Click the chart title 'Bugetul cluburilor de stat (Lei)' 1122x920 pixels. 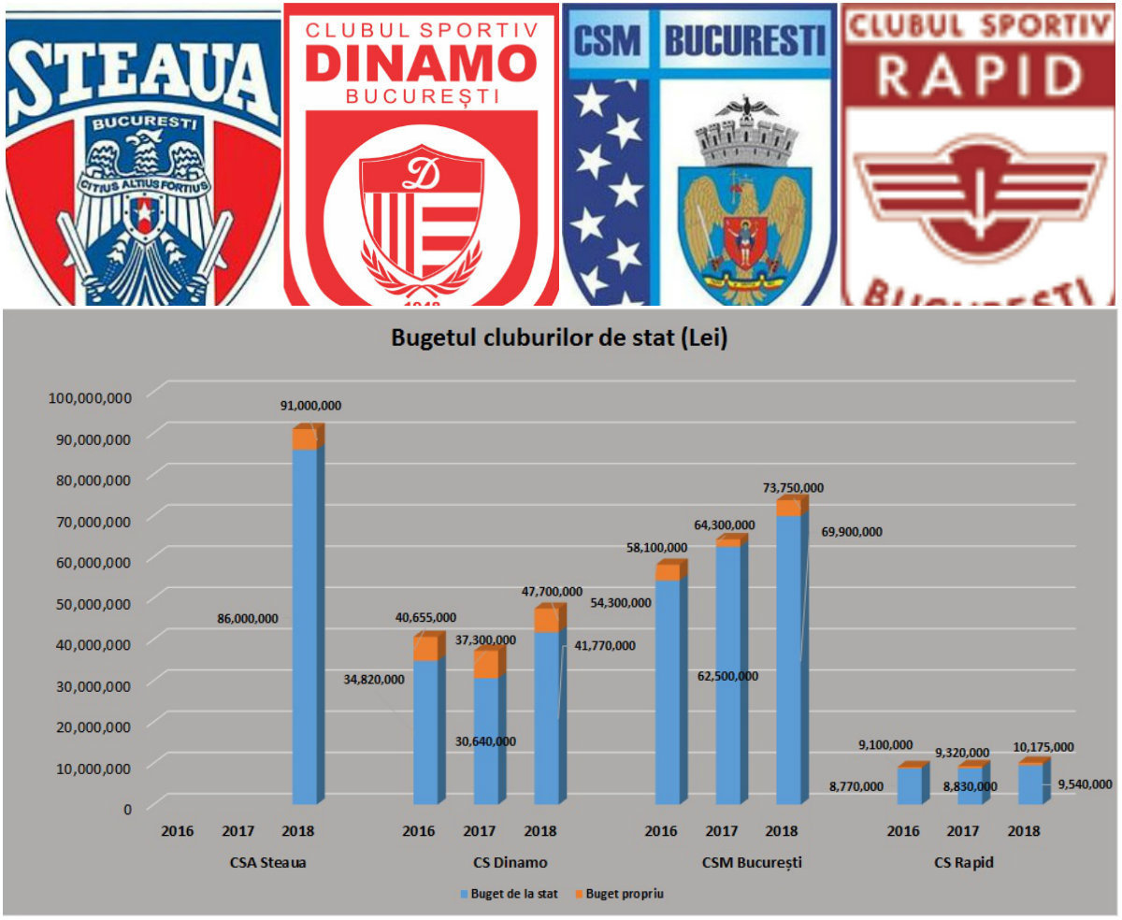click(x=559, y=339)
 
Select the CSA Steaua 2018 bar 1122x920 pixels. click(x=305, y=622)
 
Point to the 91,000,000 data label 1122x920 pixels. click(x=310, y=406)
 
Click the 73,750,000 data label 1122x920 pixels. click(x=794, y=488)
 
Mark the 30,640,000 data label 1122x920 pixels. click(x=485, y=741)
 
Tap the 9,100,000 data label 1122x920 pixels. click(x=885, y=745)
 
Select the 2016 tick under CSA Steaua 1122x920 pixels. click(x=178, y=831)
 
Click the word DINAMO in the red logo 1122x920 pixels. click(x=421, y=65)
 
